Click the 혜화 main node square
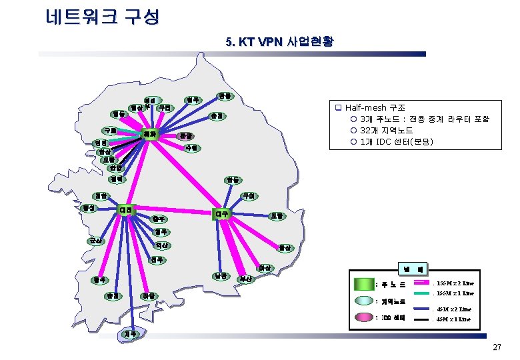click(153, 135)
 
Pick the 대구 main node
click(222, 214)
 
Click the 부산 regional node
click(247, 278)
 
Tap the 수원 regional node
click(191, 147)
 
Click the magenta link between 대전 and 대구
click(173, 212)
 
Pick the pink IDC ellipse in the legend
click(363, 316)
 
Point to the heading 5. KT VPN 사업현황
click(280, 42)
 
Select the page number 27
click(496, 347)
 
